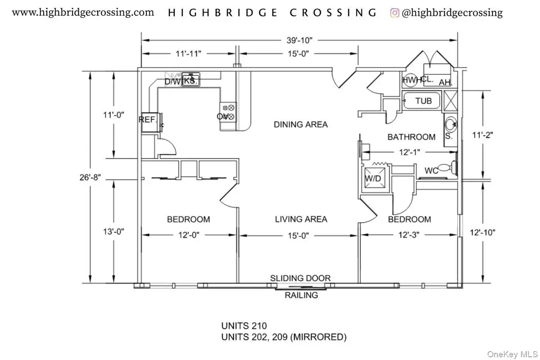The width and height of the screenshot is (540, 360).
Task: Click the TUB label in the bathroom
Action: [x=423, y=101]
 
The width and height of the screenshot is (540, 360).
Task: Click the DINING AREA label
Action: [x=301, y=124]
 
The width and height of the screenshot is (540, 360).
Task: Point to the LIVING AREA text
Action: [x=301, y=219]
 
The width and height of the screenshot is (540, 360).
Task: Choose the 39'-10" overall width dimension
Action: [x=300, y=40]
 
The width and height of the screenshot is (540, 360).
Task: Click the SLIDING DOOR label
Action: [x=300, y=278]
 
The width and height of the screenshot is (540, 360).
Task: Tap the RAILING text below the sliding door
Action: [x=301, y=295]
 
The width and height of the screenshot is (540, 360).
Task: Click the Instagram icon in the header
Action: [x=395, y=13]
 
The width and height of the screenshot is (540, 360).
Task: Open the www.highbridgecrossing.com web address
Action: [x=83, y=13]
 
